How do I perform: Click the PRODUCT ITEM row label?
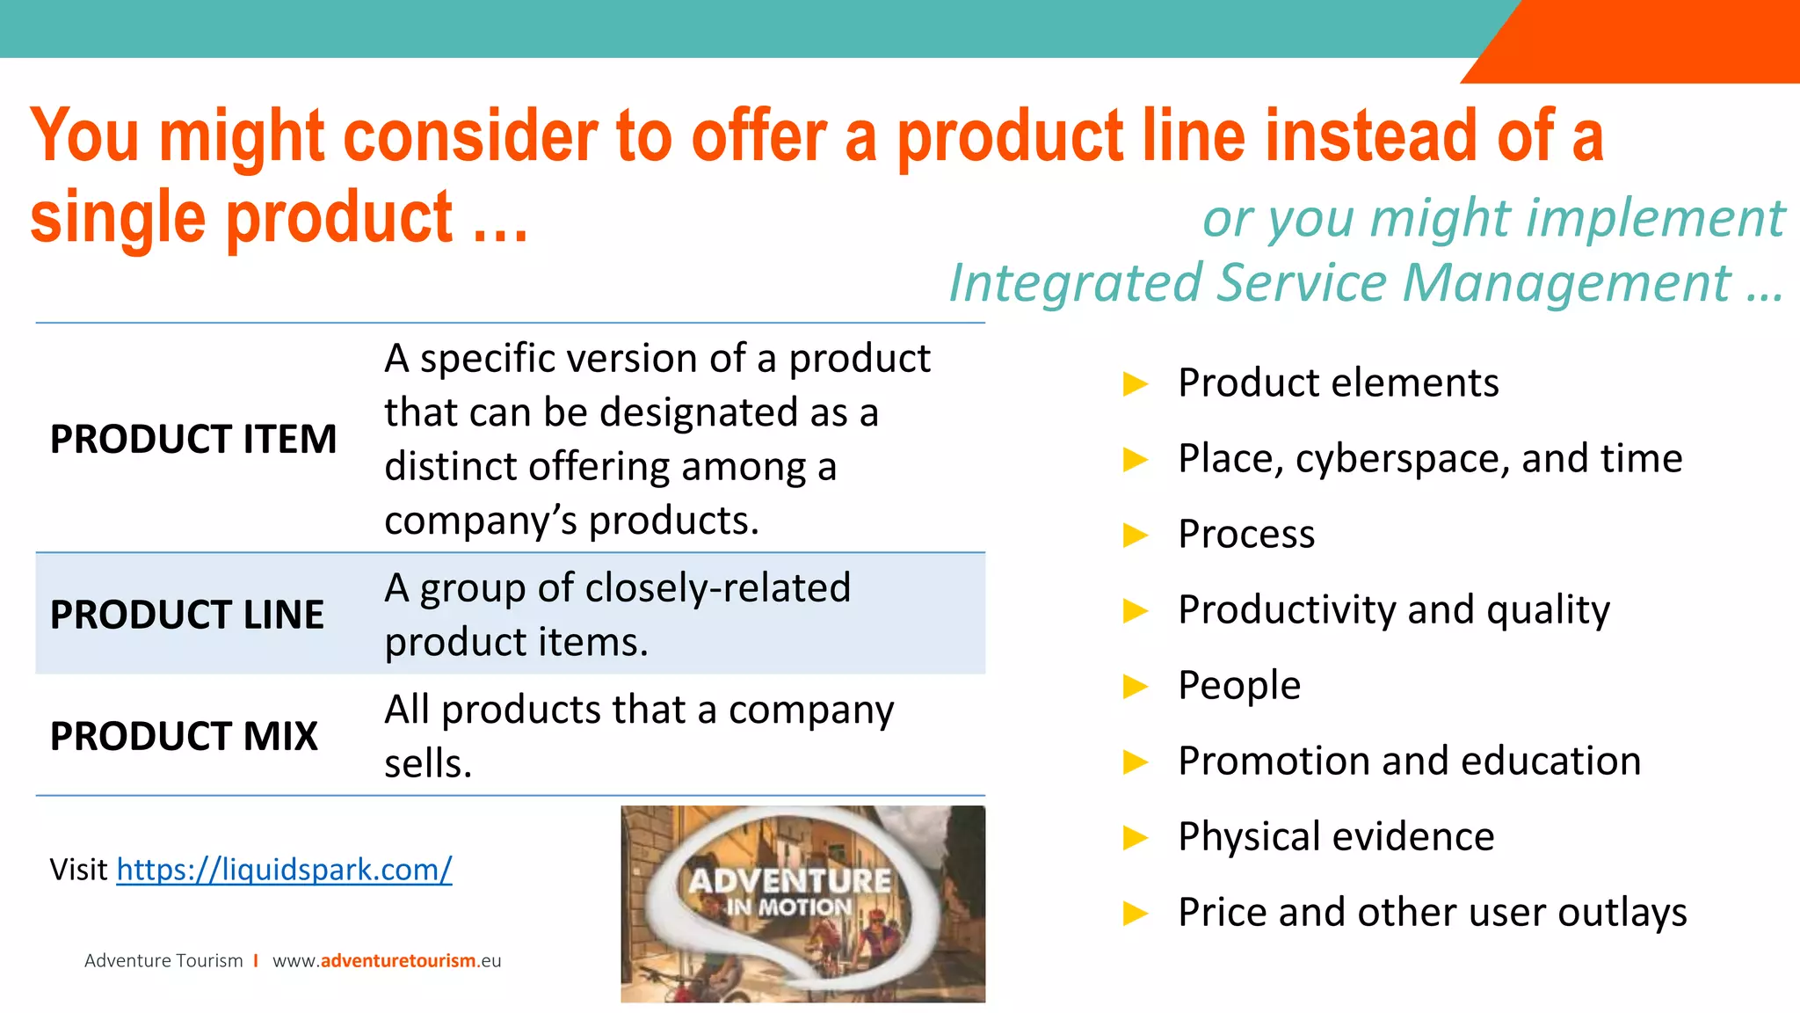[193, 439]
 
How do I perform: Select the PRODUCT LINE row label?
[186, 615]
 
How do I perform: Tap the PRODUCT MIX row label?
[184, 736]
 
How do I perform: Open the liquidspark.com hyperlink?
[284, 869]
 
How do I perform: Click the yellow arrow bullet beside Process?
[1136, 535]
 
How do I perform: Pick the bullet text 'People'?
[1238, 685]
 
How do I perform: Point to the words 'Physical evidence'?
[1335, 836]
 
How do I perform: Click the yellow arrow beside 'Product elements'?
[1136, 383]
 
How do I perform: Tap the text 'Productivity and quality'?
[1393, 610]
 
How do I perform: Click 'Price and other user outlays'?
[1432, 912]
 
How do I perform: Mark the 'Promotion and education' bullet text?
[1409, 761]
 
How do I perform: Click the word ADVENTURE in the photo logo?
[789, 880]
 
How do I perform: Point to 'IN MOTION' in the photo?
[788, 907]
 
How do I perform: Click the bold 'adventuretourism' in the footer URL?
[398, 960]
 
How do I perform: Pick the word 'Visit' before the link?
[78, 869]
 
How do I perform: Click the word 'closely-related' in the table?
[717, 587]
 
